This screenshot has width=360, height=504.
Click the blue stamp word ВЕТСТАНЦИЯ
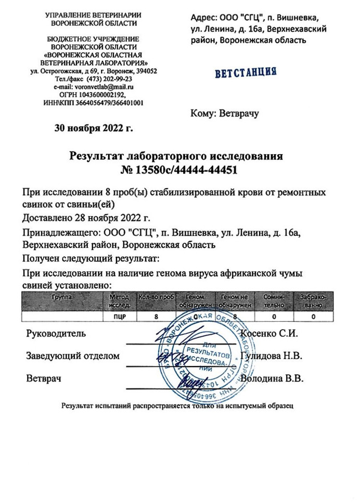[x=246, y=72]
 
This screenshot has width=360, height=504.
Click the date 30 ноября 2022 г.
[x=94, y=127]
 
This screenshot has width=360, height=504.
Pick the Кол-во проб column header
[x=156, y=297]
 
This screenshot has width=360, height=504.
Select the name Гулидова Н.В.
[x=272, y=356]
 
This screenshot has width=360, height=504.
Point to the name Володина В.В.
[x=272, y=379]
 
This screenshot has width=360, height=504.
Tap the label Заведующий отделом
[x=73, y=356]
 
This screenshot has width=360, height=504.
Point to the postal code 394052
[x=147, y=71]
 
